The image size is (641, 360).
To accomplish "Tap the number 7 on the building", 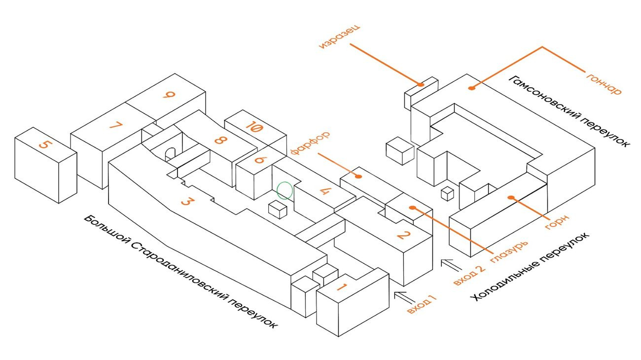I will [x=115, y=126].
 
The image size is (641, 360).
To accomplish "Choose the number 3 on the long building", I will [x=186, y=201].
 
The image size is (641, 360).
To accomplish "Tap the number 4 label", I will [x=324, y=190].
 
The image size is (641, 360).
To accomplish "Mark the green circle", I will [x=285, y=190].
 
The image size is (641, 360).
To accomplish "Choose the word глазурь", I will [x=509, y=251].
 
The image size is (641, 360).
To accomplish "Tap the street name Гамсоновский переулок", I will [x=569, y=111].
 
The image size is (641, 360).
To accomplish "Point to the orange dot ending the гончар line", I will [x=471, y=88].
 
